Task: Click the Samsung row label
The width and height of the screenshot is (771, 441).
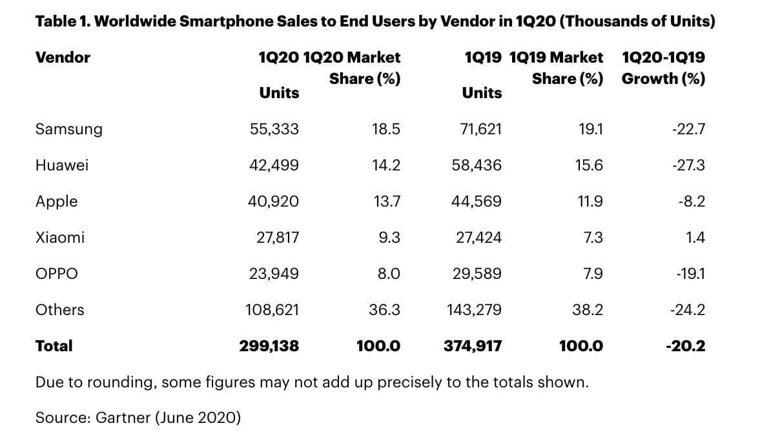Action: [x=68, y=129]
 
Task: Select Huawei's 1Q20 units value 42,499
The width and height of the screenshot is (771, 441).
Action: [x=274, y=165]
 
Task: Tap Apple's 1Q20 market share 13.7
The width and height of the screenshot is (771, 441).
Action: [x=387, y=201]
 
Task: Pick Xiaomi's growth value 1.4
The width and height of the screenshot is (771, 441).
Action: [x=696, y=238]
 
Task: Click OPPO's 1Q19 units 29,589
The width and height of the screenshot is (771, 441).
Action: [x=477, y=274]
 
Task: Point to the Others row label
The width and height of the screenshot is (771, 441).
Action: [x=59, y=310]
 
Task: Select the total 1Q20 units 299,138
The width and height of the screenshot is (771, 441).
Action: [x=269, y=346]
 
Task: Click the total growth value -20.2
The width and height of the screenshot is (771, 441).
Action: [x=685, y=346]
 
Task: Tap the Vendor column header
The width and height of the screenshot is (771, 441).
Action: [x=63, y=57]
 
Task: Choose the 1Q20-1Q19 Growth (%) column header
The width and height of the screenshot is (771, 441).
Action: [x=663, y=68]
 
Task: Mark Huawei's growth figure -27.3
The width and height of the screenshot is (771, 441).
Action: [x=688, y=165]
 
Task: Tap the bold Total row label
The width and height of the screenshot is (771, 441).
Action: [x=54, y=346]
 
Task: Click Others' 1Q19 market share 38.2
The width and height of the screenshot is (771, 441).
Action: [x=588, y=310]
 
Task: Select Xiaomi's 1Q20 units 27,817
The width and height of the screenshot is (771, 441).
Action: [x=278, y=238]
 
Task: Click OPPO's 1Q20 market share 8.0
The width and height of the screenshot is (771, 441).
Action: [x=389, y=274]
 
